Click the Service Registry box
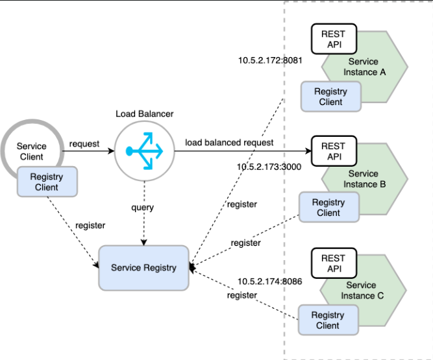(x=143, y=268)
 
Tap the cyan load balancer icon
(x=144, y=151)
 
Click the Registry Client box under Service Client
(x=47, y=182)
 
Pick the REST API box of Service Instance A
(x=334, y=39)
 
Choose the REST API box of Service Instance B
(x=334, y=151)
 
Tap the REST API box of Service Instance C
(x=334, y=263)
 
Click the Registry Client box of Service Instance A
(x=331, y=97)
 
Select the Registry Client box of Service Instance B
(x=329, y=207)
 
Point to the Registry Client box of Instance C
(x=328, y=320)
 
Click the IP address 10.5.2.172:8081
(x=270, y=60)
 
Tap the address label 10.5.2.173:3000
(x=269, y=167)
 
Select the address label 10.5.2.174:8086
(x=270, y=282)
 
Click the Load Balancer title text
(x=144, y=114)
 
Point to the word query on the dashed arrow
(x=142, y=208)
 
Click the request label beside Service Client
(x=84, y=144)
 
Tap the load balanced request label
(x=229, y=143)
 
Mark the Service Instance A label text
(x=364, y=67)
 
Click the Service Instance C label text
(x=362, y=290)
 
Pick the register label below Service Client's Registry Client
(x=90, y=226)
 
